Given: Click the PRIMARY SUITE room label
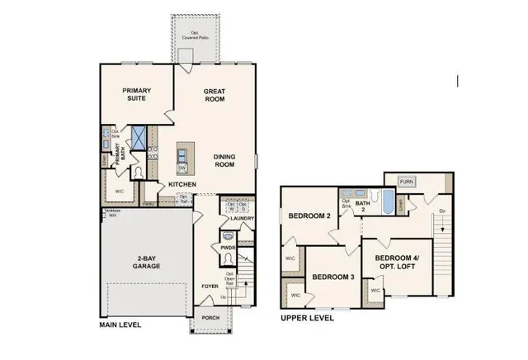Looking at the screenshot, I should pyautogui.click(x=139, y=96).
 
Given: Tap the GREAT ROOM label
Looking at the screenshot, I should pyautogui.click(x=214, y=96).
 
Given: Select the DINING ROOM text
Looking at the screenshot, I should pyautogui.click(x=224, y=160).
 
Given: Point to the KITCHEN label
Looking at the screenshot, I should pyautogui.click(x=182, y=184).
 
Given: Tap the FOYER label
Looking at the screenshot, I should pyautogui.click(x=210, y=287).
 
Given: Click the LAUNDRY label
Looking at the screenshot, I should pyautogui.click(x=243, y=218).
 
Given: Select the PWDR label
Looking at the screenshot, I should pyautogui.click(x=228, y=247).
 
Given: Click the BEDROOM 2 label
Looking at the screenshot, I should pyautogui.click(x=309, y=216).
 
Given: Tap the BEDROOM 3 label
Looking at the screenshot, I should pyautogui.click(x=333, y=277).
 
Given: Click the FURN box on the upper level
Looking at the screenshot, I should pyautogui.click(x=407, y=181).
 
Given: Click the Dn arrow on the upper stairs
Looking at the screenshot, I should pyautogui.click(x=441, y=217).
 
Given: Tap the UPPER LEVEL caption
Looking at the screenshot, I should pyautogui.click(x=308, y=317).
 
